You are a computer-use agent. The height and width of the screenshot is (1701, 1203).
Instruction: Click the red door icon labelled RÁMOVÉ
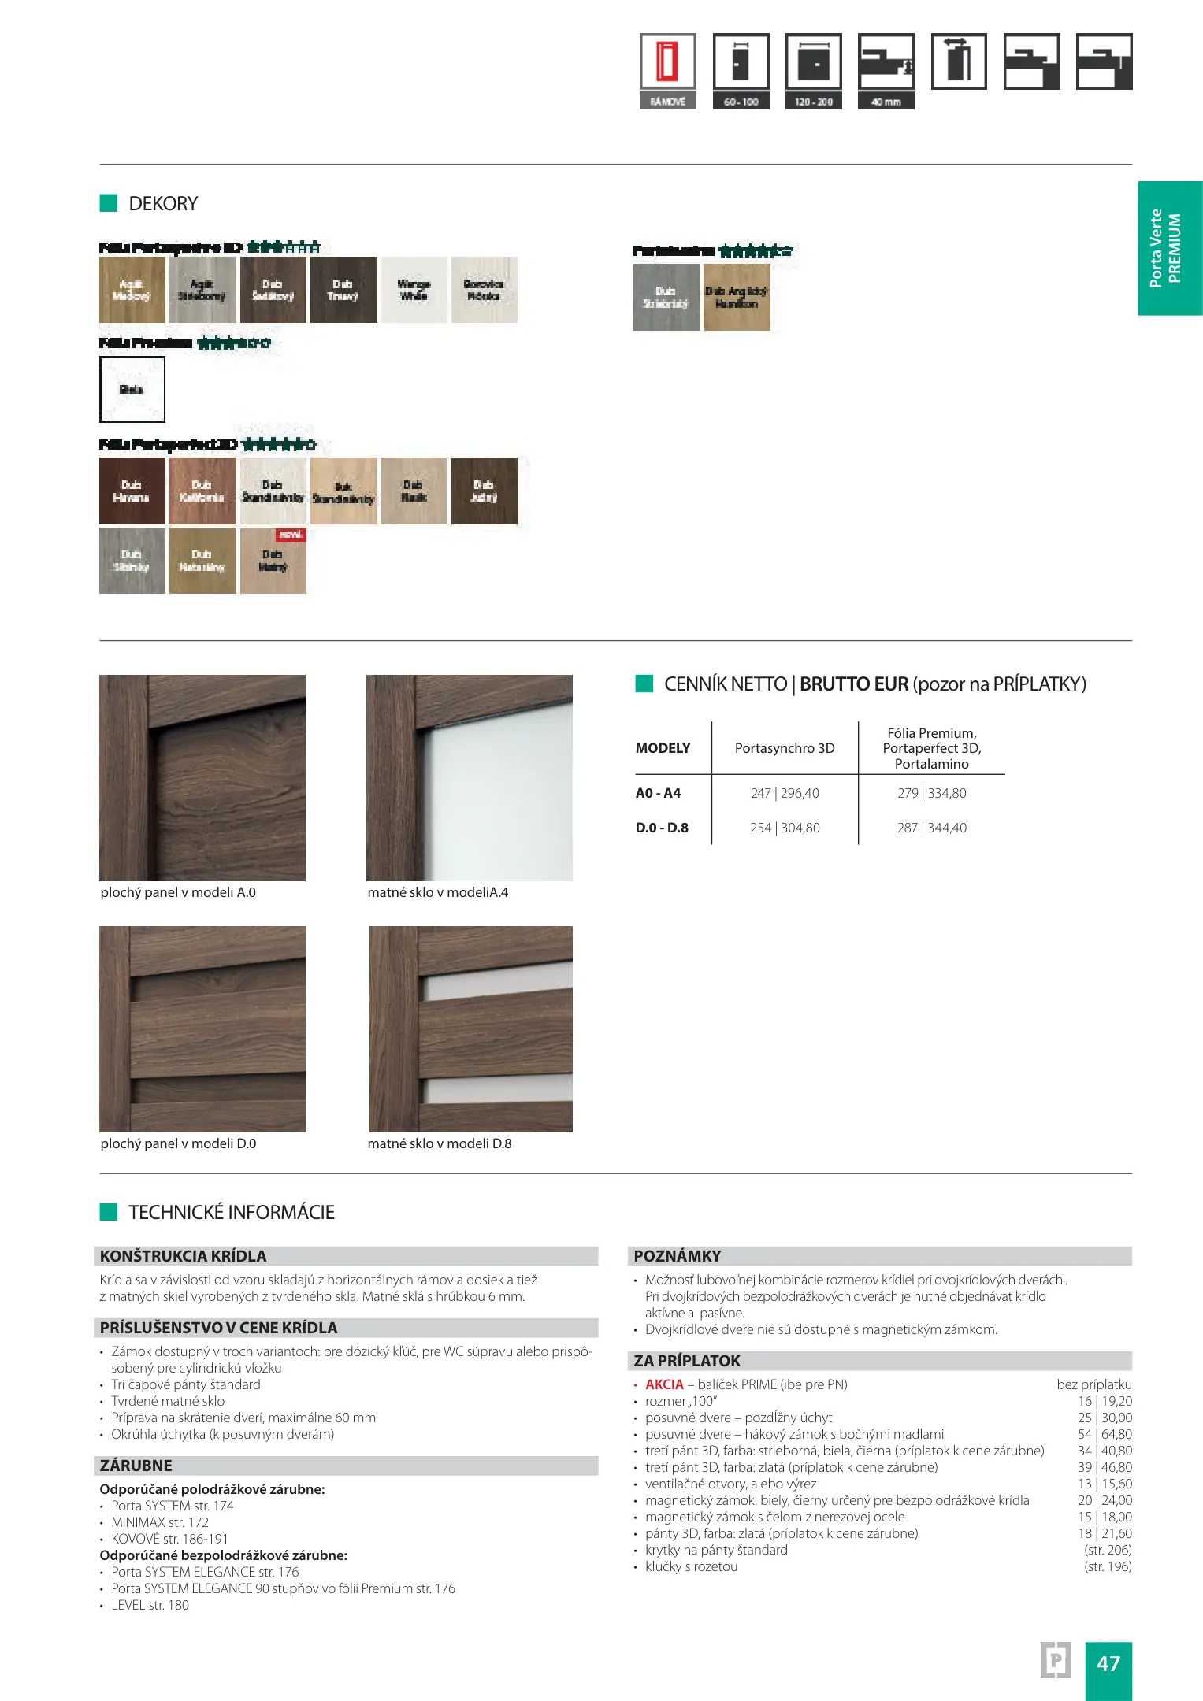667,61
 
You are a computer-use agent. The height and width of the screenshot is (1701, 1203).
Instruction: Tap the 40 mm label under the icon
886,102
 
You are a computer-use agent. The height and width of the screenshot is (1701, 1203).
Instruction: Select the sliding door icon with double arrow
958,61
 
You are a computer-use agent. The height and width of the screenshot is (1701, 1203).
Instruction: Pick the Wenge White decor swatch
414,290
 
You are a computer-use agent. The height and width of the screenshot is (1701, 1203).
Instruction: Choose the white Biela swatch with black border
132,389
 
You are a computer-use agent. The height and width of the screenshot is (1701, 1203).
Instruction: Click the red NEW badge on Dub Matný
291,535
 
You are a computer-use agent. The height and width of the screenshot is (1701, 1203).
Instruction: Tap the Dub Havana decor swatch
132,491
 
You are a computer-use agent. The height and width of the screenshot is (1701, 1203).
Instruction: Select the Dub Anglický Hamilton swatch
737,297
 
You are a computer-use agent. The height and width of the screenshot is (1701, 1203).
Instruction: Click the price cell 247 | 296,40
785,793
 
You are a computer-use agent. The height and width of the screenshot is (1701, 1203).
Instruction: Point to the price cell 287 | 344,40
931,828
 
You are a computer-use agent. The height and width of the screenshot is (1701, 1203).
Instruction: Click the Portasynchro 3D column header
785,748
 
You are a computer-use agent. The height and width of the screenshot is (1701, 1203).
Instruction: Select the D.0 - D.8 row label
662,828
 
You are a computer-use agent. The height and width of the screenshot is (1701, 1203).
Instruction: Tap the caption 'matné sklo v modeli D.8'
439,1143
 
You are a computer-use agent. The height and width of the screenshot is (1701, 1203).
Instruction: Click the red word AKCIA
664,1384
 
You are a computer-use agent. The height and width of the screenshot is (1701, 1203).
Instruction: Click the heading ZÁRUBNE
136,1466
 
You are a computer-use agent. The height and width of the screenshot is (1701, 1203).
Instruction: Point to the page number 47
1108,1663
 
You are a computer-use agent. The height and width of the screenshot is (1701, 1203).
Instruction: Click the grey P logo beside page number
1056,1660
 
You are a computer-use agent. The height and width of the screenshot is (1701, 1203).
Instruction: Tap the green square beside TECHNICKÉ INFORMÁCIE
109,1212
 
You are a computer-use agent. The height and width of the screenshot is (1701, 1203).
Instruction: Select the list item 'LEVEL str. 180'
150,1605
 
